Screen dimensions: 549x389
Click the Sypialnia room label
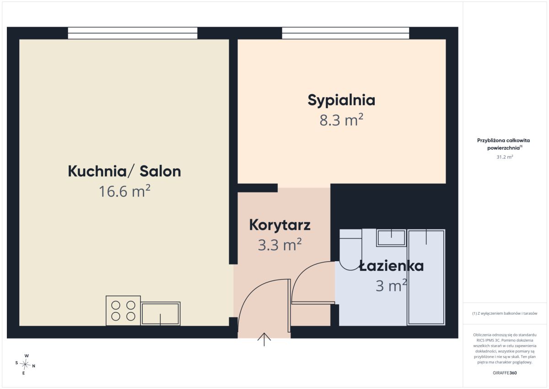coord(341,100)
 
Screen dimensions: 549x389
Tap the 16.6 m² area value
coord(124,191)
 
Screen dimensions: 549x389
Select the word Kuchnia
coord(97,171)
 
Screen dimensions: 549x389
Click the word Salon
coord(160,171)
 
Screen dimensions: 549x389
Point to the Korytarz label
coord(280,225)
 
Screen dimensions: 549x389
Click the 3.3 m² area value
coord(280,245)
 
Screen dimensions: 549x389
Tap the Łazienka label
coord(392,266)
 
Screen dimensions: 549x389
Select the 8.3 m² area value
coord(341,120)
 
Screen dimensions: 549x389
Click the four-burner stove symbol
coord(123,311)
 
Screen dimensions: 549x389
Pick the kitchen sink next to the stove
coord(161,314)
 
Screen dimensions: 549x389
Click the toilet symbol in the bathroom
coord(351,250)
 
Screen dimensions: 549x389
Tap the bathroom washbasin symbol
coord(392,238)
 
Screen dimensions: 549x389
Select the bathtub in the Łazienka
coord(426,277)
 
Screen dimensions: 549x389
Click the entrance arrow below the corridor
coord(264,340)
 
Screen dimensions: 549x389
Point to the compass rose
coord(25,364)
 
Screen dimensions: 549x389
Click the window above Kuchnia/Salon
coord(133,33)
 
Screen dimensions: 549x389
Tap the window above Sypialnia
coord(345,33)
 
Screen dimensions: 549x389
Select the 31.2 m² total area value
coord(505,157)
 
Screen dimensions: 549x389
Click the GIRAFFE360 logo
coord(505,373)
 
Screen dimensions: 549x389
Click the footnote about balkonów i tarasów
coord(505,313)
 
